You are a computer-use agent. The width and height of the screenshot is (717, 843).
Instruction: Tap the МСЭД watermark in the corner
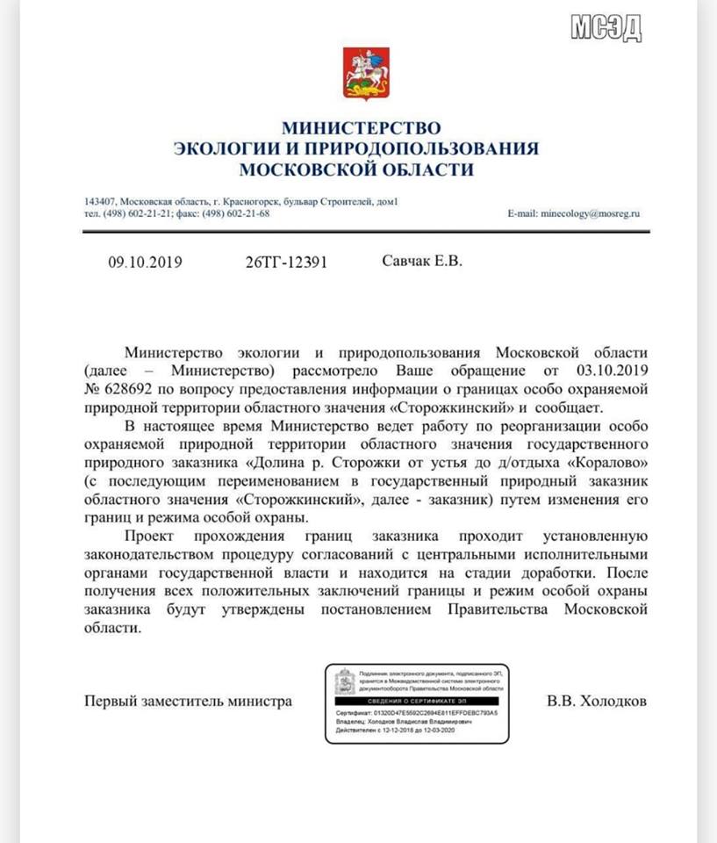click(x=607, y=26)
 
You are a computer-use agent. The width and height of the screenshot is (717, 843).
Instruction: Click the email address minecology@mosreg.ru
click(x=591, y=213)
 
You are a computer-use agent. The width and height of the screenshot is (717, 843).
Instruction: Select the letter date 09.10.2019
click(x=145, y=262)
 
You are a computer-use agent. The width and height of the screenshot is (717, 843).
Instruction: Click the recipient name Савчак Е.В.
click(x=422, y=261)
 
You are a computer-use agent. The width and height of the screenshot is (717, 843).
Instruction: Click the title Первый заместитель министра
click(x=188, y=702)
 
